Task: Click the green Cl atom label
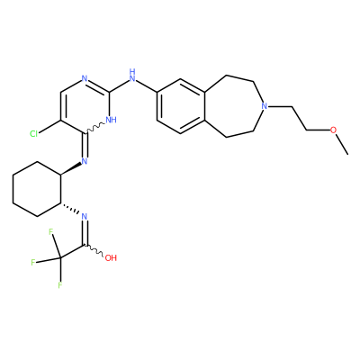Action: pos(34,134)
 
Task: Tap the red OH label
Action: pos(111,257)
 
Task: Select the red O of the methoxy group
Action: pos(333,130)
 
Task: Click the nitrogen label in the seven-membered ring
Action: pos(264,106)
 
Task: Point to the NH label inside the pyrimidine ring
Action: pos(111,120)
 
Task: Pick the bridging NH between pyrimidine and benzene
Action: pos(132,75)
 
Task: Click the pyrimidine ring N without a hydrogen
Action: pos(85,78)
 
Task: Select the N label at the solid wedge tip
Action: pos(85,161)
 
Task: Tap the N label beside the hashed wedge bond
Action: pos(85,216)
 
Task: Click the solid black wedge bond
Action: pos(71,169)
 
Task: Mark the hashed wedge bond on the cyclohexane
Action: pos(70,209)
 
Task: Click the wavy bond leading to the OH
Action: pos(94,251)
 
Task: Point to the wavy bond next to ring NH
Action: pos(95,128)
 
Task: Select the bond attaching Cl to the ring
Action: pos(50,127)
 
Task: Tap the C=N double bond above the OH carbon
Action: pos(85,233)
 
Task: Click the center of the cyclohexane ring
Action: pos(37,189)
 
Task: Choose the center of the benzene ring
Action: pos(180,106)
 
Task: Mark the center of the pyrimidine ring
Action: pos(85,106)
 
